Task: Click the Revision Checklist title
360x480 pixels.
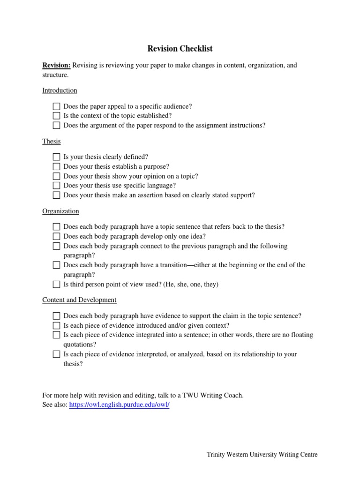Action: tap(180, 48)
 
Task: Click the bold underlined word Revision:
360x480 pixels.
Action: tap(56, 65)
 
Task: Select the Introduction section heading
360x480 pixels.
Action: tap(60, 90)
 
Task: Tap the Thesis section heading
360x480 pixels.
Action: tap(51, 141)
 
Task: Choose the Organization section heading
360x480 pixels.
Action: tap(60, 211)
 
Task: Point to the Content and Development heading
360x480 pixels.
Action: tap(79, 300)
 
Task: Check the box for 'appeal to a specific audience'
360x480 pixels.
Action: tap(56, 106)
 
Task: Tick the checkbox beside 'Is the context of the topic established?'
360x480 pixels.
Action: tap(56, 116)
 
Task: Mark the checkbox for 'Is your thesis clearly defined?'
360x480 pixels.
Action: tap(56, 157)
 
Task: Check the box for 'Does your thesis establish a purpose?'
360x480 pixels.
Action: tap(56, 166)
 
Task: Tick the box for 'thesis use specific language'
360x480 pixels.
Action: tap(56, 186)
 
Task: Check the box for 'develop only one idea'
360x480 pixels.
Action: tap(56, 236)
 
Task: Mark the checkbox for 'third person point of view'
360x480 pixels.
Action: tap(56, 284)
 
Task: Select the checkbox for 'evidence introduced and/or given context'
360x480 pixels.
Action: tap(56, 325)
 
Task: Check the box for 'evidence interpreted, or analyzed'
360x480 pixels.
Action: tap(56, 354)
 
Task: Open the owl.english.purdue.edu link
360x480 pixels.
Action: tap(119, 405)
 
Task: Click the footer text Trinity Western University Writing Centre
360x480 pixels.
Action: tap(262, 455)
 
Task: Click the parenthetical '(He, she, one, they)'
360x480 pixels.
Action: tap(191, 284)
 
